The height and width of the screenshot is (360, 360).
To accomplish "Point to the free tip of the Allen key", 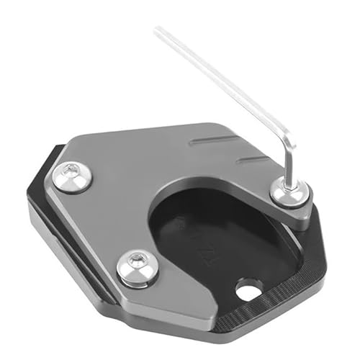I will (x=156, y=30).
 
